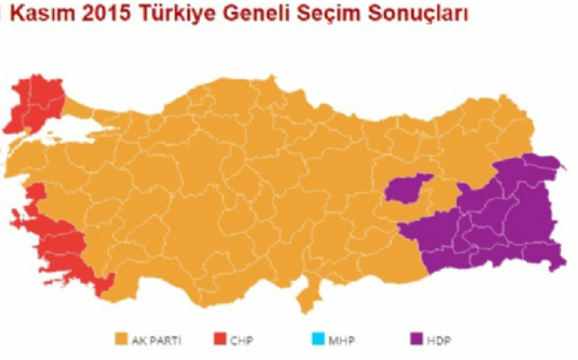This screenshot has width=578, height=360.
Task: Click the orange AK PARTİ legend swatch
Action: (x=120, y=338)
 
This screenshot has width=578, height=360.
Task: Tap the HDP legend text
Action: (x=439, y=338)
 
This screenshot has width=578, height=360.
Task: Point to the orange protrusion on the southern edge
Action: (x=308, y=298)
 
